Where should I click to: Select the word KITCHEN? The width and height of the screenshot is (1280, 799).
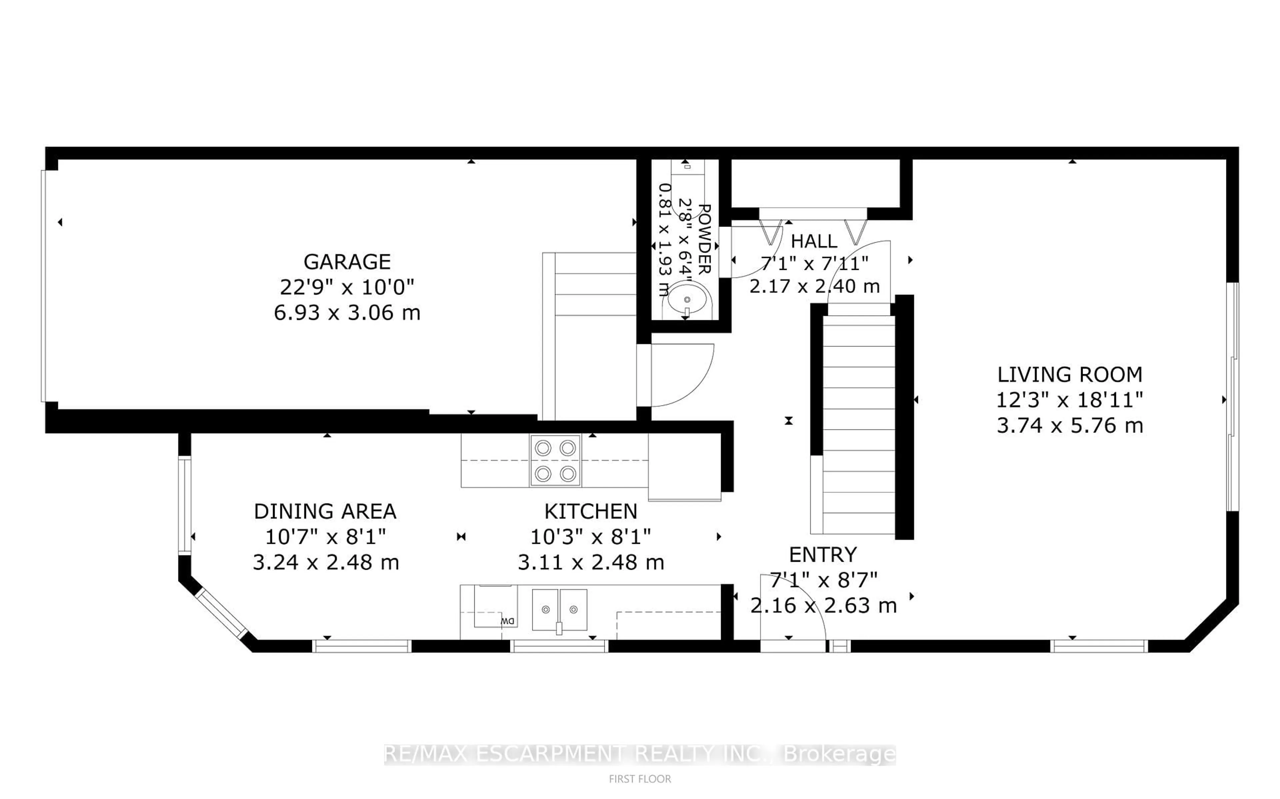click(x=590, y=511)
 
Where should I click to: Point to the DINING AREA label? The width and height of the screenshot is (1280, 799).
click(x=325, y=511)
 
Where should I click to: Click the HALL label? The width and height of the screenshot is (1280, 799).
click(x=814, y=242)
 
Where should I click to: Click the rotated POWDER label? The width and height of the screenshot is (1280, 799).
click(x=704, y=239)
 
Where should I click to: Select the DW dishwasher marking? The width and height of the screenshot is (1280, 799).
click(x=508, y=621)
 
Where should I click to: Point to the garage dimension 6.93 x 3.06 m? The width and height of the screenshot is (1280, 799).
click(x=347, y=313)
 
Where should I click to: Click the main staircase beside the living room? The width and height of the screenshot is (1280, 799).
click(x=858, y=423)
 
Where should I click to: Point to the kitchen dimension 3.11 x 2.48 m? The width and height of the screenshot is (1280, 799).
click(x=590, y=562)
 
